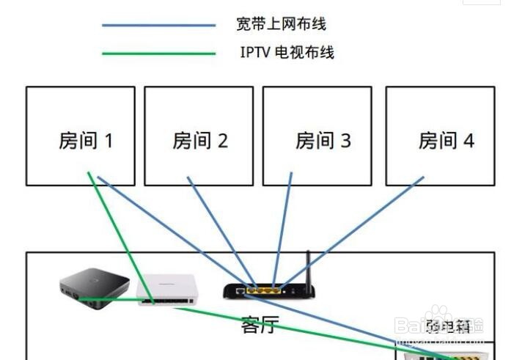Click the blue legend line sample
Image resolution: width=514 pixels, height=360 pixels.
pos(158,26)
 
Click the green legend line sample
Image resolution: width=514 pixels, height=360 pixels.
pos(158,54)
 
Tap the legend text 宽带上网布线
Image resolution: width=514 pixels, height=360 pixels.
pos(280,25)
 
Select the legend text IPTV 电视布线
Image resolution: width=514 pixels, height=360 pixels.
pos(287,53)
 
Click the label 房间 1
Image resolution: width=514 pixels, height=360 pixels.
pos(85,140)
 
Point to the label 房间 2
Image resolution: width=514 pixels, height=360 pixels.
pos(200,140)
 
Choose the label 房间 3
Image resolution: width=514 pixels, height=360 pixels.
pos(323,140)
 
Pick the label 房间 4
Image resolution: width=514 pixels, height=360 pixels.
pos(446,140)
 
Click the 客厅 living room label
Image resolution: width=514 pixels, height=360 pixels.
pos(260,325)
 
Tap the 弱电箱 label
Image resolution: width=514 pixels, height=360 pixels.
pos(448,325)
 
